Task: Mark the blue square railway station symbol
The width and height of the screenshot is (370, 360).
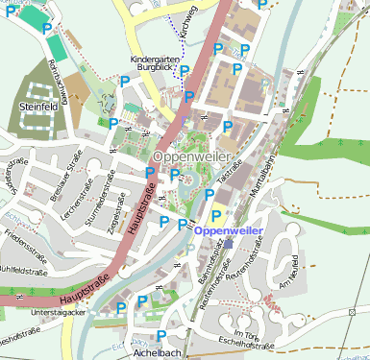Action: [230, 244]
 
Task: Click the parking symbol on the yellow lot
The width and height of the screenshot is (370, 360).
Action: [216, 216]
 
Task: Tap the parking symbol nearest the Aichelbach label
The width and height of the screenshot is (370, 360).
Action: [161, 335]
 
